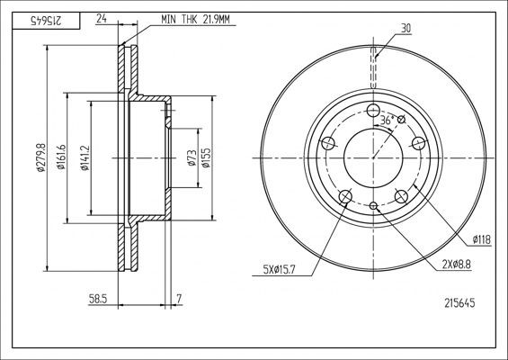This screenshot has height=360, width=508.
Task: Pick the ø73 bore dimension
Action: pos(191,157)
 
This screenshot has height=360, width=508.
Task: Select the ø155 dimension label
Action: pos(206,157)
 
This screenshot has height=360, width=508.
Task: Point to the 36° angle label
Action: pos(388,120)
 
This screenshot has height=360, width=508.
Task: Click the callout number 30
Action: pos(406,28)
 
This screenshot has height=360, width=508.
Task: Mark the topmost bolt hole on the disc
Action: pos(373,110)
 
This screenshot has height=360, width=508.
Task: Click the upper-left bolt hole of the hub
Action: pos(328,143)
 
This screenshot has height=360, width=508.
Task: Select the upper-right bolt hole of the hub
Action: pos(418,142)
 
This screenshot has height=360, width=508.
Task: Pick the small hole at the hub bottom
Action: pos(373,206)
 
